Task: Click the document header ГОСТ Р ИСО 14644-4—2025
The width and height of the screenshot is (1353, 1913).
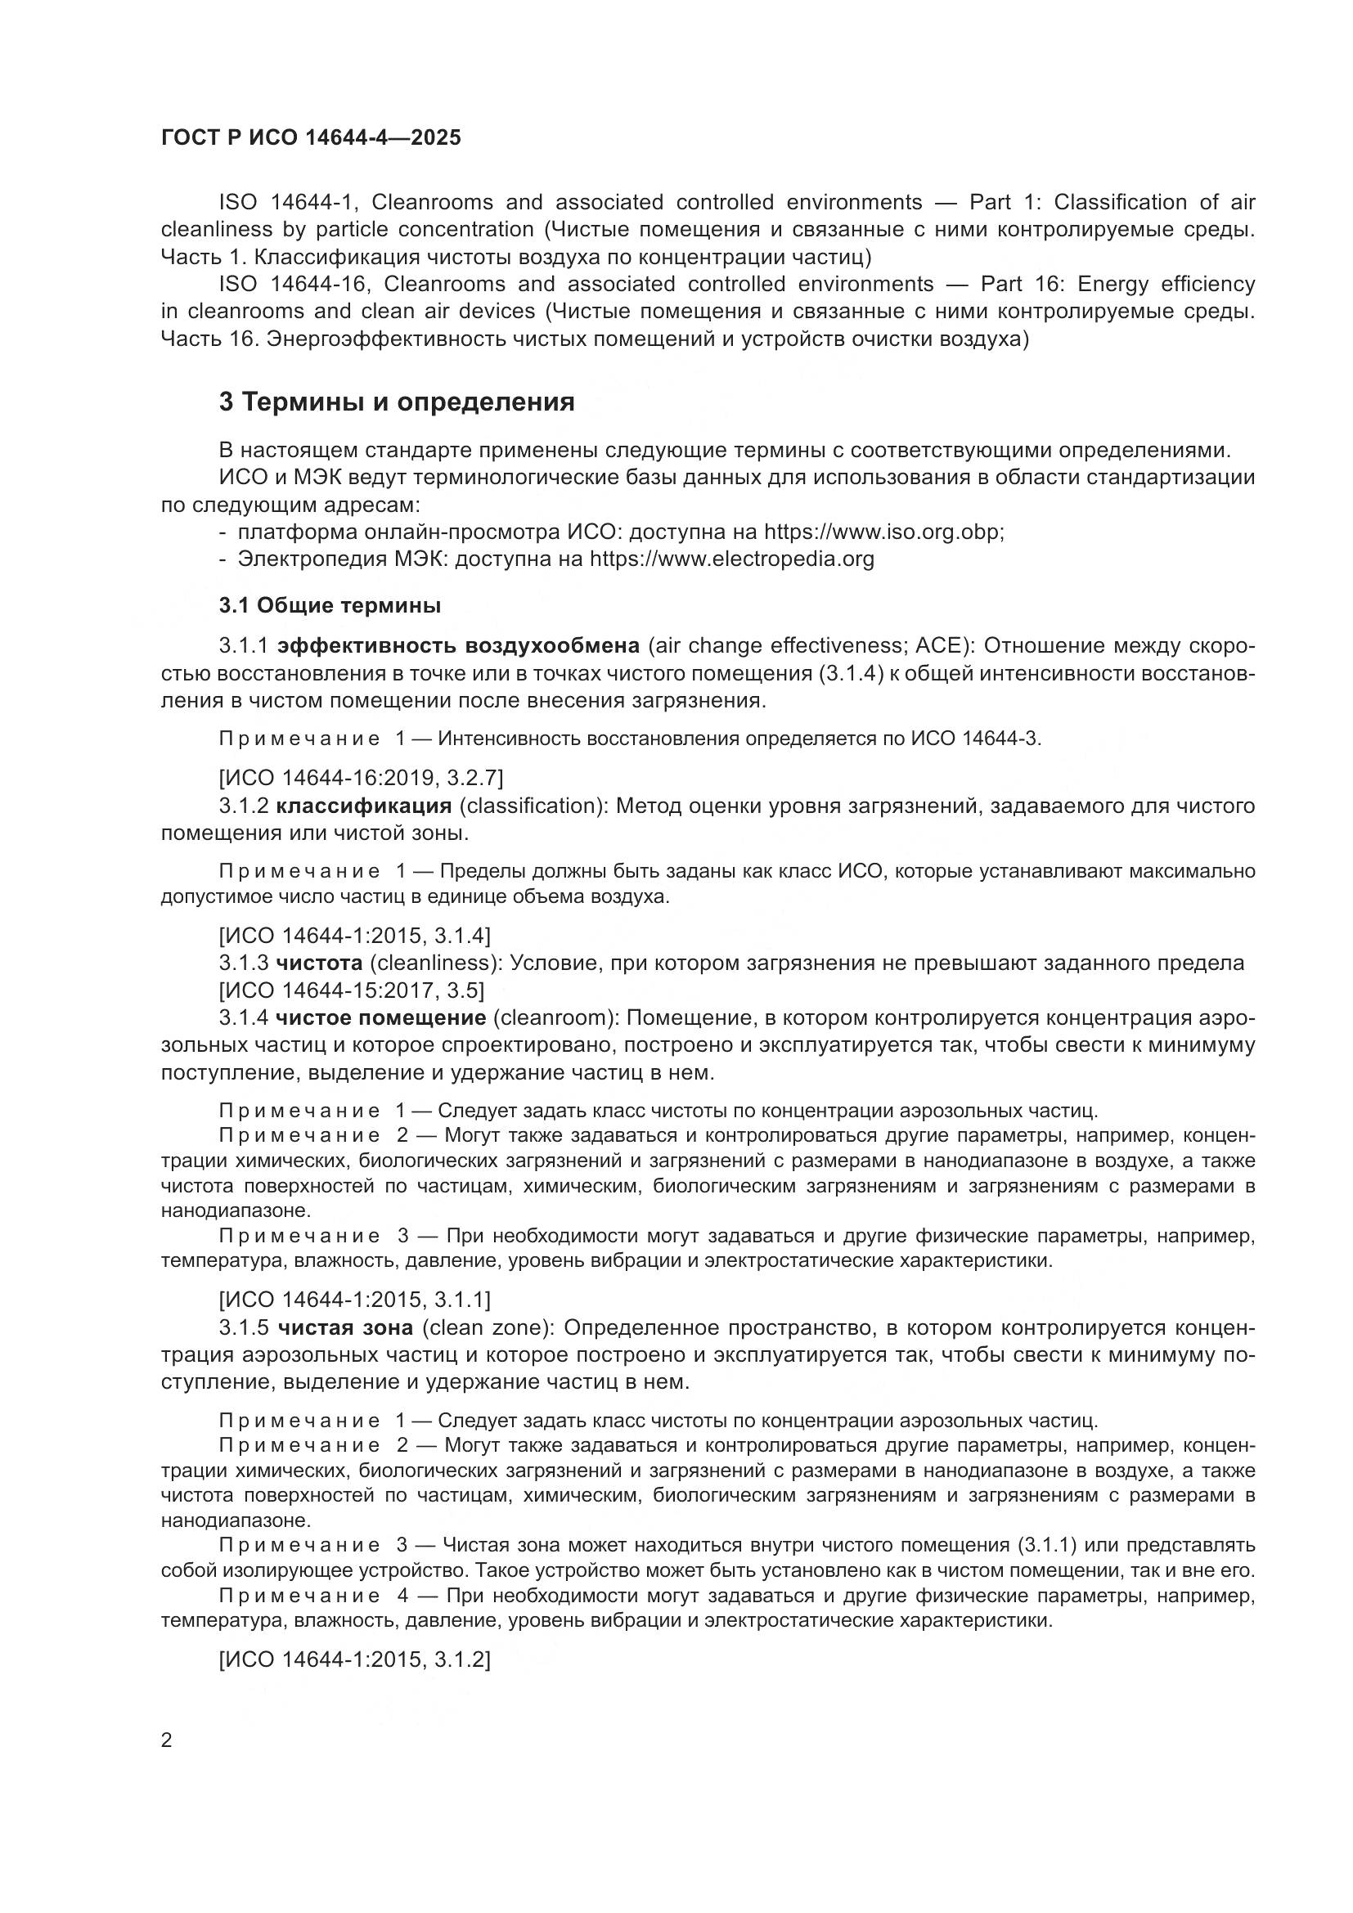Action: tap(311, 137)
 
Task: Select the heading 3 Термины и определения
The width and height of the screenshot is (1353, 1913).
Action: tap(397, 402)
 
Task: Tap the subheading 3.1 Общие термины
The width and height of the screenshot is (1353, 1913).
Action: tap(330, 606)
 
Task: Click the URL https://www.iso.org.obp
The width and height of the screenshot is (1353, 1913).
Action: tap(883, 532)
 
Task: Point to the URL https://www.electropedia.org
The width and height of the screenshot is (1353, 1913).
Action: tap(731, 559)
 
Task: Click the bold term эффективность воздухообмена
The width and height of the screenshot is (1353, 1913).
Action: tap(458, 646)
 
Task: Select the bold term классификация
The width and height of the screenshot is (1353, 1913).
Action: tap(364, 806)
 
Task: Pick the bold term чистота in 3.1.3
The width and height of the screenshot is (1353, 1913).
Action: tap(319, 963)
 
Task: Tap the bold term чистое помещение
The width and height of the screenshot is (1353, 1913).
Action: tap(380, 1017)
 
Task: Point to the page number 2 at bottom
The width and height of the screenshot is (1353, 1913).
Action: tap(167, 1740)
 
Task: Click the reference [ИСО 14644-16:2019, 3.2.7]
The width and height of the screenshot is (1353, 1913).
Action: tap(361, 778)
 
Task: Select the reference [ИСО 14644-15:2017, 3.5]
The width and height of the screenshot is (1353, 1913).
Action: tap(351, 990)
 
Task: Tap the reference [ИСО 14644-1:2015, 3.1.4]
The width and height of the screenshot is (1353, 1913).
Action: tap(354, 935)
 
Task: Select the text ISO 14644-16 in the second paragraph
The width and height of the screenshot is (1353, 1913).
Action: tap(292, 284)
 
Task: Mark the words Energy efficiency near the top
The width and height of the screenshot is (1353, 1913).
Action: tap(1166, 284)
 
